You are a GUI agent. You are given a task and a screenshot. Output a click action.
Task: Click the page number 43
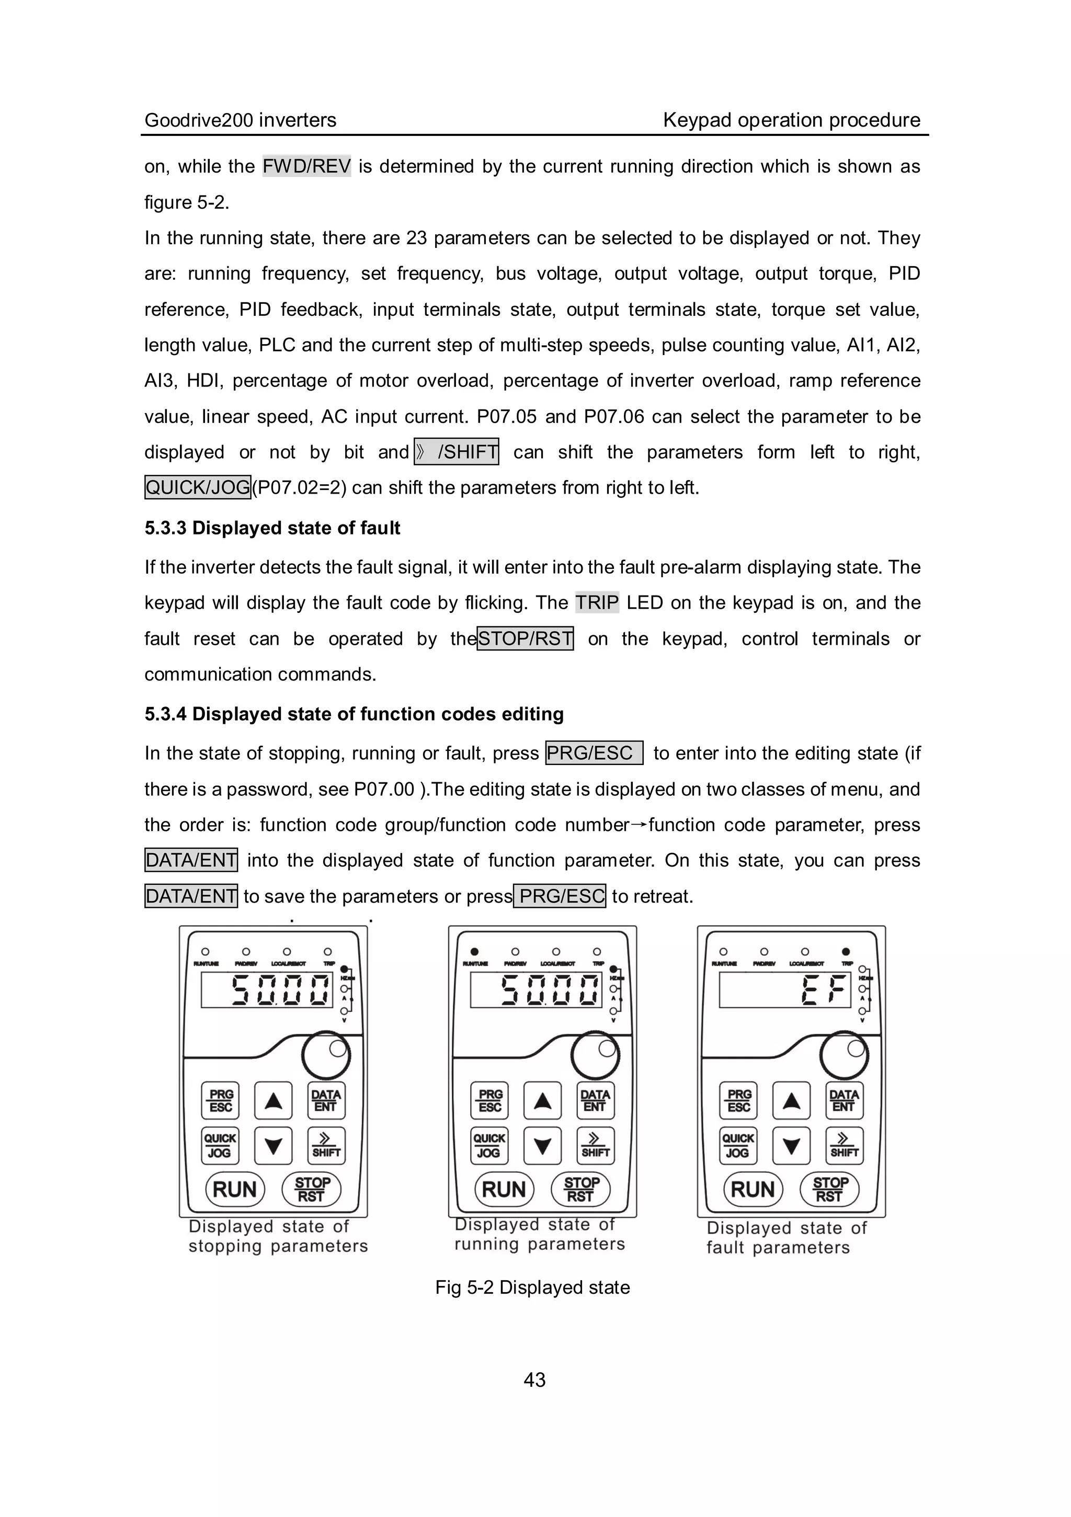coord(534,1379)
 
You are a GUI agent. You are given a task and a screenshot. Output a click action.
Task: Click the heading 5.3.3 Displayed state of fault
coord(272,528)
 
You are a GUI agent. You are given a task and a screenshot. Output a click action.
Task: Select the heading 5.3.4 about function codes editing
coord(354,714)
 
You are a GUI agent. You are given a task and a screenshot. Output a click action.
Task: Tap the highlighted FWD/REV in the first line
coord(306,166)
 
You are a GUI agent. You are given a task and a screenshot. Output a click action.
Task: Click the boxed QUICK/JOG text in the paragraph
coord(198,487)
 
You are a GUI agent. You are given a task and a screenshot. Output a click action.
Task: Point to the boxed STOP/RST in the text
coord(525,639)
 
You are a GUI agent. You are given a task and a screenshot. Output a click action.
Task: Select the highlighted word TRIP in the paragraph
coord(597,602)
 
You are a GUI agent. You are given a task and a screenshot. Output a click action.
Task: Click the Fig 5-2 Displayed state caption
coord(532,1287)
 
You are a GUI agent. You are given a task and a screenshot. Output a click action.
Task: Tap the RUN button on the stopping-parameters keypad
coord(235,1189)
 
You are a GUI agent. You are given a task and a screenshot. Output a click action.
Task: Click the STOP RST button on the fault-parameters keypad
coord(829,1189)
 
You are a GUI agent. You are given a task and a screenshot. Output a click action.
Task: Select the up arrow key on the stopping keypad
coord(274,1101)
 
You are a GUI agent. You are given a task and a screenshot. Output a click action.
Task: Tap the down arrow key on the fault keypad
coord(792,1146)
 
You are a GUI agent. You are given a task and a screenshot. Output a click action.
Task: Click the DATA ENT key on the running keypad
coord(595,1101)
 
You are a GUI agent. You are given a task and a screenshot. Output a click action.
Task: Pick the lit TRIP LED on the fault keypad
coord(846,952)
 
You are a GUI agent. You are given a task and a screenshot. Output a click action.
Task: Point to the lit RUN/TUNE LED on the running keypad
coord(474,952)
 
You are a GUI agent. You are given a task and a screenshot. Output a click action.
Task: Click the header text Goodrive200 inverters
coord(241,120)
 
